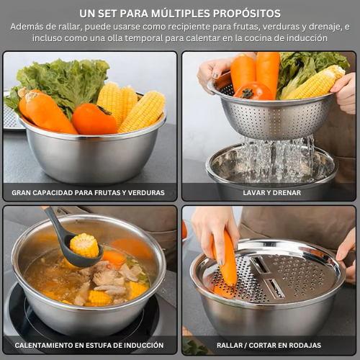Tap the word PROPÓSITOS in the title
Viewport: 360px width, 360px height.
click(247, 14)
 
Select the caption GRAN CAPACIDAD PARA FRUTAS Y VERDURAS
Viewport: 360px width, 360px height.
click(88, 193)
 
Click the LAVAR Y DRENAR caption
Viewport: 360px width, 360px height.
click(271, 193)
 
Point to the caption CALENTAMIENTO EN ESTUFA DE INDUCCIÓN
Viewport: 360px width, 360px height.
click(89, 345)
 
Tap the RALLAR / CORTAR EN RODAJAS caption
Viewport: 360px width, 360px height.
click(269, 346)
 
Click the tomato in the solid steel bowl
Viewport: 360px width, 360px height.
click(94, 120)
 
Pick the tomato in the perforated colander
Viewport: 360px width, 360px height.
click(253, 91)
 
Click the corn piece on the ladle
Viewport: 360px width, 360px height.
click(84, 245)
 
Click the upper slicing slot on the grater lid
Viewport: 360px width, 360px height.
click(260, 264)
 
